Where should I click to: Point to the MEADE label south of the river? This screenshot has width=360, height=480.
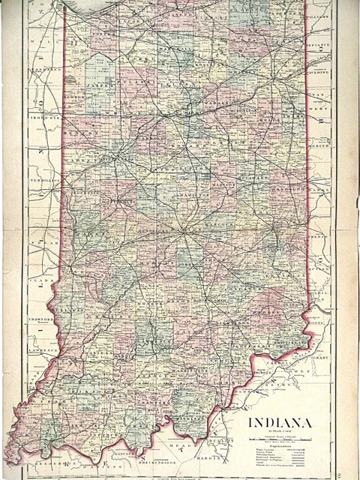coord(184,442)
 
